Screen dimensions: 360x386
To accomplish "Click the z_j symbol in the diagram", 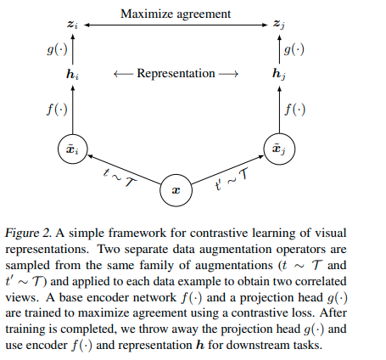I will point(278,28).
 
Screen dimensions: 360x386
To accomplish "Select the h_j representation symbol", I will point(278,74).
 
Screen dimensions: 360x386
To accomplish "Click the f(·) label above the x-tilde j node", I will point(295,110).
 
